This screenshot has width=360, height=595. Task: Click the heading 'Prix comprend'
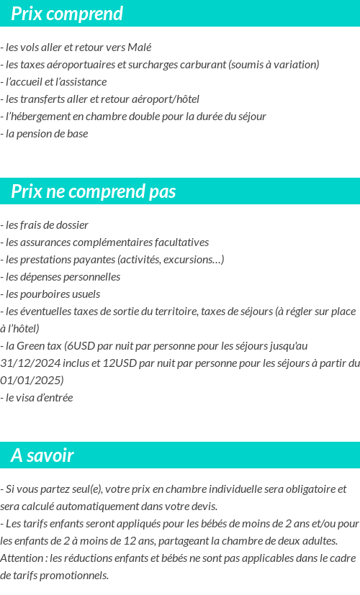[x=67, y=14]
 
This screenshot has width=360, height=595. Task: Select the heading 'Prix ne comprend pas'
[x=93, y=191]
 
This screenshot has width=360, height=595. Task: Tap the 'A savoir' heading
[x=42, y=455]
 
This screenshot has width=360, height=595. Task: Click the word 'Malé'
[x=139, y=47]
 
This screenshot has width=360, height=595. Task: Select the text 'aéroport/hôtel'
[x=165, y=99]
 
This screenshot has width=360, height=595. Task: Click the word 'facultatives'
[x=181, y=242]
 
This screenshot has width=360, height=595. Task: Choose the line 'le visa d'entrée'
[x=38, y=398]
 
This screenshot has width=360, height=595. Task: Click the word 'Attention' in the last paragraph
[x=22, y=558]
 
